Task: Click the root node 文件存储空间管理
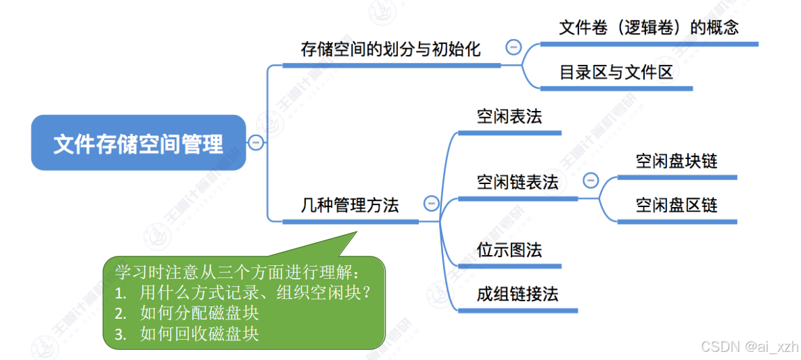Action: [138, 143]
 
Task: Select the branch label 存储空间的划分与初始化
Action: [390, 49]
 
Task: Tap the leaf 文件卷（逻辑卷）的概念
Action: [648, 28]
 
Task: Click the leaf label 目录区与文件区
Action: [616, 72]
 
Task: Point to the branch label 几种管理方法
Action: [350, 205]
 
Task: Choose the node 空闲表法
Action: [509, 116]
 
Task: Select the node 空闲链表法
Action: [518, 182]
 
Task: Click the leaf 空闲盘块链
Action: [677, 161]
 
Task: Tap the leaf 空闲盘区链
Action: [677, 205]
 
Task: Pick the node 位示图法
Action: [509, 250]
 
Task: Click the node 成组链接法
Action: [518, 294]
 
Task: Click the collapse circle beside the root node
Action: [256, 142]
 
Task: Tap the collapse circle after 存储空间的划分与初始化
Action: [513, 47]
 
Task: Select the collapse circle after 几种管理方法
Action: [430, 203]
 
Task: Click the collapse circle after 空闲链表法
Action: [591, 180]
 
